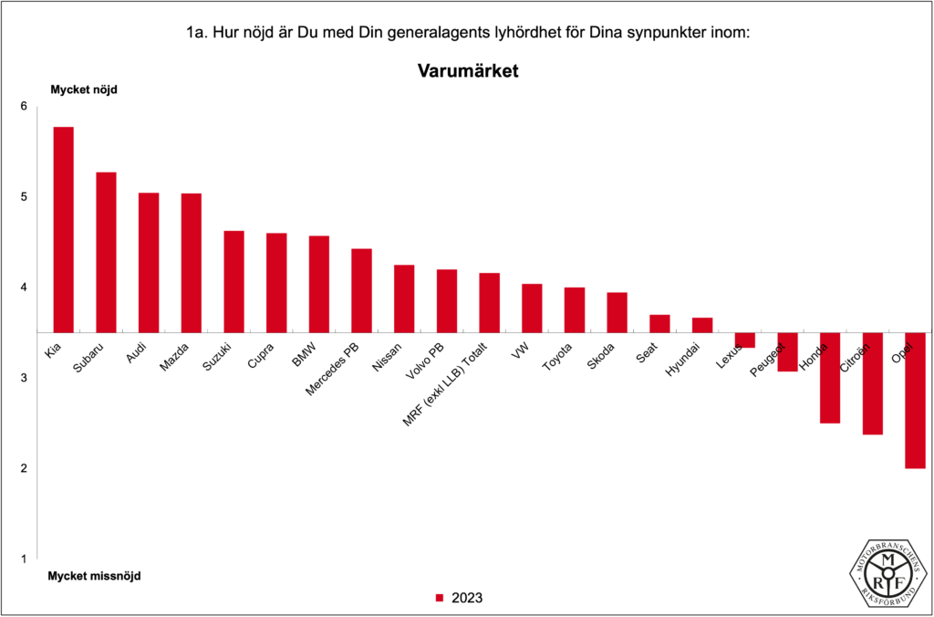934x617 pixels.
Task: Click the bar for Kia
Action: click(x=63, y=229)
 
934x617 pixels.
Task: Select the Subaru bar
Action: click(x=106, y=252)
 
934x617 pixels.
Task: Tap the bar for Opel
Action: click(x=915, y=400)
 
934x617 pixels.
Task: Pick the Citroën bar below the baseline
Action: click(x=872, y=383)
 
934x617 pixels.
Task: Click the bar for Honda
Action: click(x=829, y=378)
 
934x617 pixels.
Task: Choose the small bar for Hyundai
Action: click(x=701, y=325)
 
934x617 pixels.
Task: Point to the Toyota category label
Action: click(x=557, y=356)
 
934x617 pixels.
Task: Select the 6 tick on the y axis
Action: click(x=24, y=107)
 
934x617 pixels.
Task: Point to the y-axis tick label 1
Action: click(x=24, y=559)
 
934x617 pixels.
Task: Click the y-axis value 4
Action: click(x=24, y=288)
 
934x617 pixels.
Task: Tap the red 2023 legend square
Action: click(x=439, y=599)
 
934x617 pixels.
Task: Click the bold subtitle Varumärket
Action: click(x=467, y=70)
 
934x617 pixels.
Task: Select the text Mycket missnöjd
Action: click(x=94, y=576)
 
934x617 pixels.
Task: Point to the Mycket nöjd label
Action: click(x=84, y=89)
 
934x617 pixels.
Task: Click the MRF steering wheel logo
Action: click(x=888, y=571)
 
